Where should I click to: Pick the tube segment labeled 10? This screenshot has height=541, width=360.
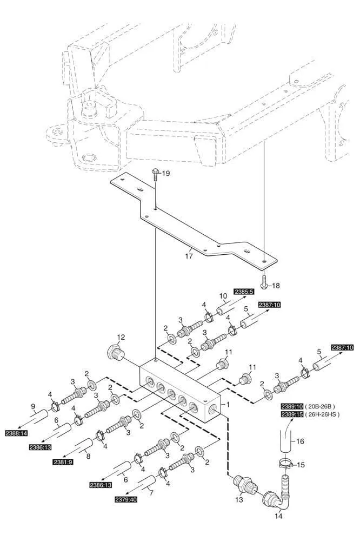223,312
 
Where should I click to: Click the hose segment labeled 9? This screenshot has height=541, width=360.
37,417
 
